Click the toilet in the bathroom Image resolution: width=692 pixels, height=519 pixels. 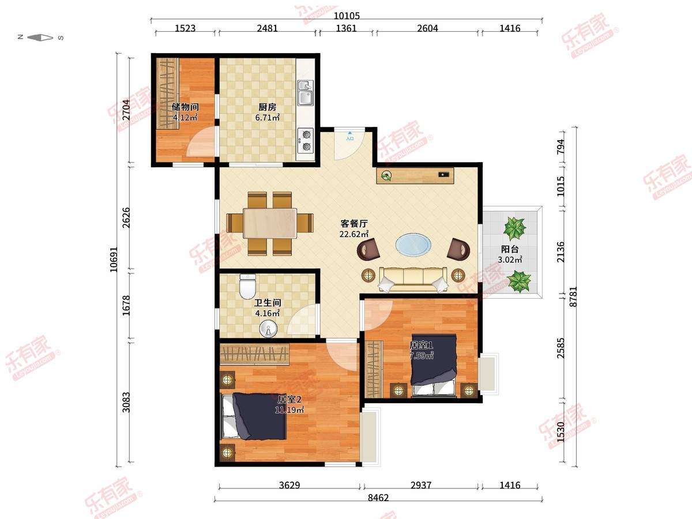pos(247,286)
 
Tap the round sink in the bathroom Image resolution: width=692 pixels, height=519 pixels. pos(268,328)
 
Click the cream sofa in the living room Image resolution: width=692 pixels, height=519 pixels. pos(413,279)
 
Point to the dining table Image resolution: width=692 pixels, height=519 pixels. pos(270,223)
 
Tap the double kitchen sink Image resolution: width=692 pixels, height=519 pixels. pos(306,93)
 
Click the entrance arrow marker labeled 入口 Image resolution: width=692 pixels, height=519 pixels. pos(349,136)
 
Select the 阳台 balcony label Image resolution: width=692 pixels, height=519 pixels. pos(510,249)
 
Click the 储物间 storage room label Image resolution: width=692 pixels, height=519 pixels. pos(185,107)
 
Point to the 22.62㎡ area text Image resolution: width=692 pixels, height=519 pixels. pos(353,234)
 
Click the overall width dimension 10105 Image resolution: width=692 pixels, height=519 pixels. pos(347,15)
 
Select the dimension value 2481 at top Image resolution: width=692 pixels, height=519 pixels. pos(267,28)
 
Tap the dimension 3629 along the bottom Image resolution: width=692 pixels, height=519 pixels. pos(289,485)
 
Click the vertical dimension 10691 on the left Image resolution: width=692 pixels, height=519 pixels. pos(114,259)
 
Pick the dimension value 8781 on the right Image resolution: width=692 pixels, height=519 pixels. pos(573,296)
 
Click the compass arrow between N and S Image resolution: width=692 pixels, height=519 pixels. pos(40,37)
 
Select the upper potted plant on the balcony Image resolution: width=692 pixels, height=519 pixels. pos(514,228)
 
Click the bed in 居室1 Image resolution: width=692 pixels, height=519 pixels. pos(434,365)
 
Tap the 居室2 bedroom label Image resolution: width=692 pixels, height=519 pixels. pos(289,400)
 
